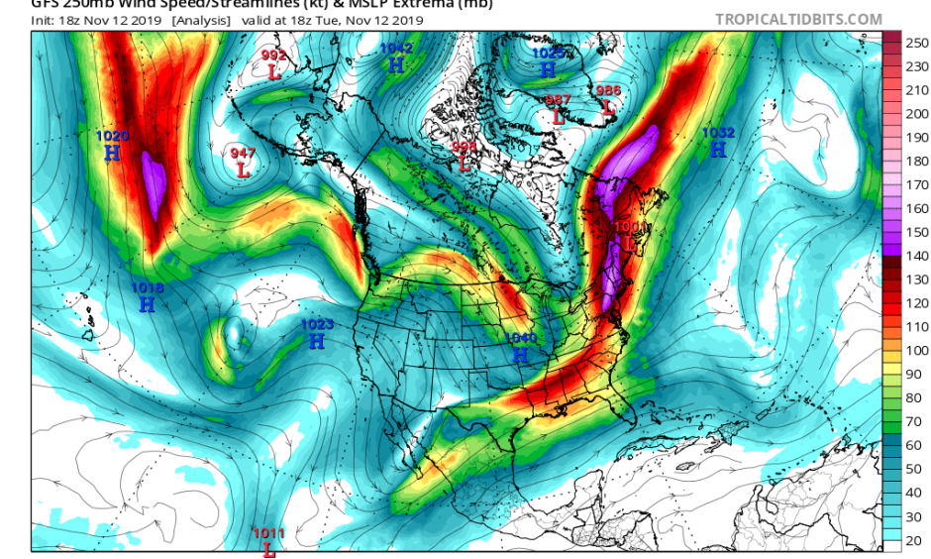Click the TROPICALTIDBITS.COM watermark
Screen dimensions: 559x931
coord(798,19)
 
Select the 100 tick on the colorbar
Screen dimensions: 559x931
coord(918,351)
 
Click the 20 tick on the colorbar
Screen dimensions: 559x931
coord(918,539)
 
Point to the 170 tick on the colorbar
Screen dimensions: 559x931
coord(918,184)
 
